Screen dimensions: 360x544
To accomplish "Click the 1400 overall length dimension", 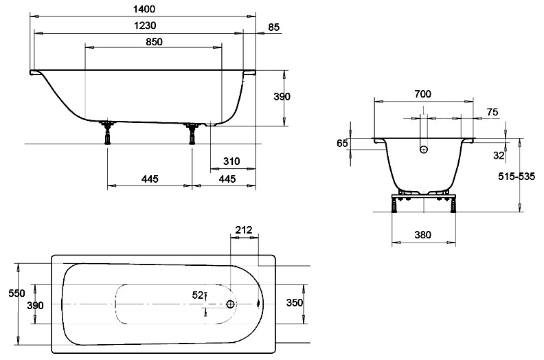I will pyautogui.click(x=144, y=9).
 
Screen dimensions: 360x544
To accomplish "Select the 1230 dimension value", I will pyautogui.click(x=145, y=25).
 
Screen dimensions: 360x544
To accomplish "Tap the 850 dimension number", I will pyautogui.click(x=154, y=42).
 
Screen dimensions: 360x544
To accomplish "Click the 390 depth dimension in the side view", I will pyautogui.click(x=282, y=97).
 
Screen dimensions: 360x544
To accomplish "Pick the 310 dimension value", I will pyautogui.click(x=231, y=161).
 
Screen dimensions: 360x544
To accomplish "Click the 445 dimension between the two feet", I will pyautogui.click(x=150, y=179).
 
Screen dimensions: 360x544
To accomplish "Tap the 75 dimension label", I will pyautogui.click(x=492, y=112).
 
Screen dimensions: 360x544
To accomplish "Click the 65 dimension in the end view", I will pyautogui.click(x=343, y=143).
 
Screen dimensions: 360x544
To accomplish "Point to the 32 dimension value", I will pyautogui.click(x=499, y=155).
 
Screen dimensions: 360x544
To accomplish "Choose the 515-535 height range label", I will pyautogui.click(x=517, y=176).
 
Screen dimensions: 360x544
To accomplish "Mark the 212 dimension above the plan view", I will pyautogui.click(x=244, y=229).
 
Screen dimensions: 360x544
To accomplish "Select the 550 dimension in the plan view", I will pyautogui.click(x=16, y=293).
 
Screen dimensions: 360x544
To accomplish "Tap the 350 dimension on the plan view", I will pyautogui.click(x=295, y=304).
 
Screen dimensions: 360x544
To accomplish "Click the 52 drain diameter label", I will pyautogui.click(x=198, y=295).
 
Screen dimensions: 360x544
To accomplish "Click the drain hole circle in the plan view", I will pyautogui.click(x=230, y=304).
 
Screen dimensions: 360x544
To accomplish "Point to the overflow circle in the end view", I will pyautogui.click(x=424, y=148).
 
